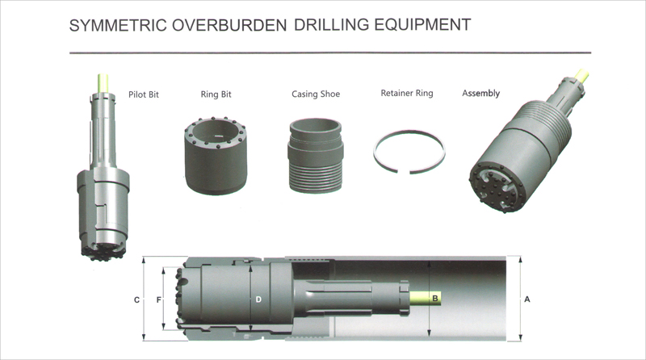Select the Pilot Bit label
point(144,94)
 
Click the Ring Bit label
point(216,94)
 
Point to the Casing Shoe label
point(316,94)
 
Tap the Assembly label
point(480,94)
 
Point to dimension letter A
point(527,299)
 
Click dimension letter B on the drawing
point(436,299)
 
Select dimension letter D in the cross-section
point(258,299)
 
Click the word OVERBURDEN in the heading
point(234,25)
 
